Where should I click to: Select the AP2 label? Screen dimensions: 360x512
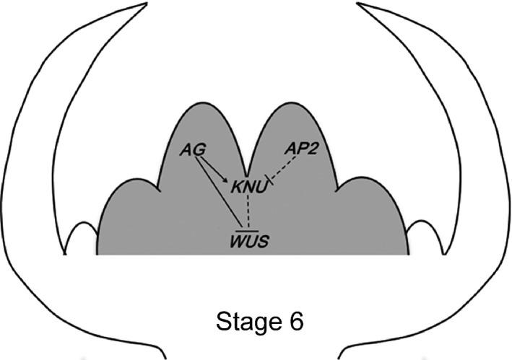pos(300,149)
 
